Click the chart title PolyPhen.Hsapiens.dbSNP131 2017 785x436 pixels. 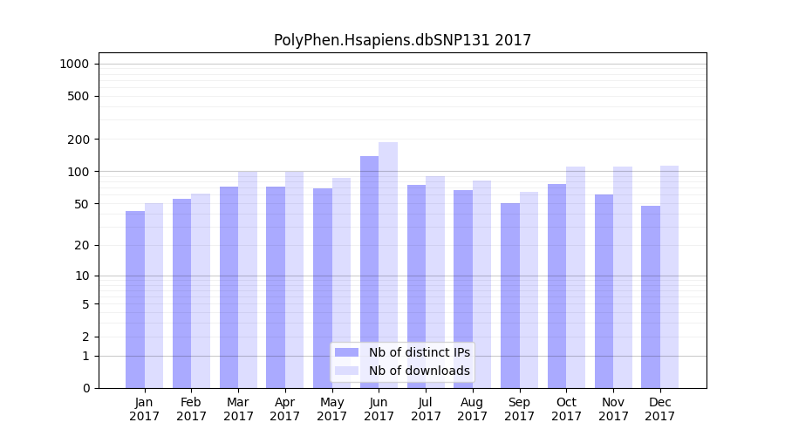(402, 40)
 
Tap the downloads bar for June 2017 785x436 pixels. (388, 262)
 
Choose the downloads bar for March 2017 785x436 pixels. (248, 279)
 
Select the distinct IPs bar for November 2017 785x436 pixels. (604, 291)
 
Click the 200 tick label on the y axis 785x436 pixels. (78, 140)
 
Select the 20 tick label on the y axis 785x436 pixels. (81, 245)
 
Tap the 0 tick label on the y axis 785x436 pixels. (85, 388)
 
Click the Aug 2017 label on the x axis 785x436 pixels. (473, 409)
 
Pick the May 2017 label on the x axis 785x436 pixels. (332, 409)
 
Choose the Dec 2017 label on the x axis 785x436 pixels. (660, 409)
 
